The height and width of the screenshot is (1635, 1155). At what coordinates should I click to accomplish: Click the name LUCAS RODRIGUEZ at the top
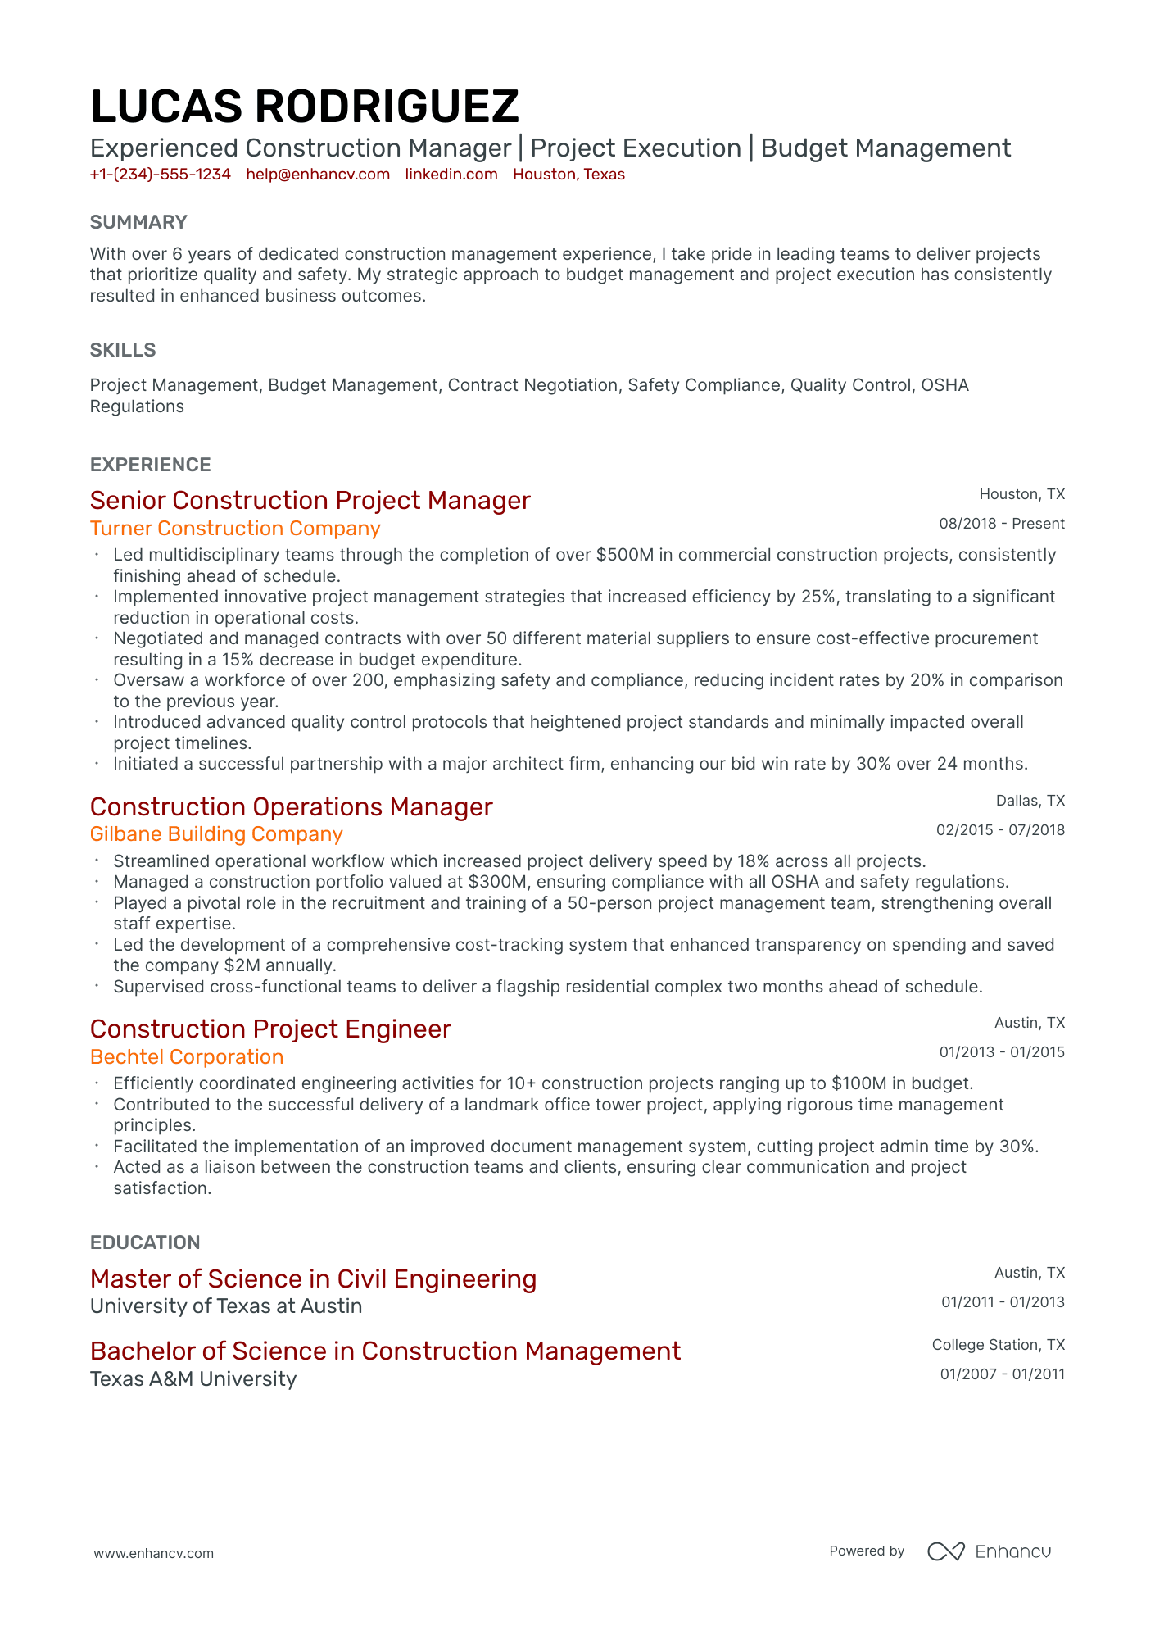(x=304, y=107)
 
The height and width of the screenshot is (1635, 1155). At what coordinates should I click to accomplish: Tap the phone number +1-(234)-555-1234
(x=160, y=175)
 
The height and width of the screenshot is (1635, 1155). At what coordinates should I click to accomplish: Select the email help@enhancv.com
(x=318, y=175)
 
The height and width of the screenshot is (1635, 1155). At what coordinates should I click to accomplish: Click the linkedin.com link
(x=451, y=175)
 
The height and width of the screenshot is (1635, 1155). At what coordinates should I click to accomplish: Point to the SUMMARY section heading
(x=138, y=222)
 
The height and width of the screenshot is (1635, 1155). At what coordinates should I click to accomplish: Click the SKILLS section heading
(x=123, y=350)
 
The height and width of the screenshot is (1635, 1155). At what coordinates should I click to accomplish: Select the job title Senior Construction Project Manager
(x=310, y=500)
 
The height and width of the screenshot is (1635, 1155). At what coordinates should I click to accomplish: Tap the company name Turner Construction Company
(x=235, y=529)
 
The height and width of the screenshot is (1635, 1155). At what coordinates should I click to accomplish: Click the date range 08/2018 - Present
(x=1001, y=524)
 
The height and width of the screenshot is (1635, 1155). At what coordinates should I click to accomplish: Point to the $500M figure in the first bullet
(x=625, y=555)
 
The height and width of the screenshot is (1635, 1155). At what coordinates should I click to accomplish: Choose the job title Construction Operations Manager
(x=291, y=806)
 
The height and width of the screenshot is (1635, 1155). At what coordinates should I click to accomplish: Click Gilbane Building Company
(x=216, y=834)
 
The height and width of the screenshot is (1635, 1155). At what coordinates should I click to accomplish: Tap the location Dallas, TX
(x=1030, y=801)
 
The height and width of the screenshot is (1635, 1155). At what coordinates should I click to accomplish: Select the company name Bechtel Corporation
(x=187, y=1057)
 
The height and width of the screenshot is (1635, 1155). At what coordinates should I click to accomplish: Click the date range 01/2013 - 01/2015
(x=1001, y=1052)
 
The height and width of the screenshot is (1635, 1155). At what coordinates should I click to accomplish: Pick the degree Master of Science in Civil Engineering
(x=313, y=1278)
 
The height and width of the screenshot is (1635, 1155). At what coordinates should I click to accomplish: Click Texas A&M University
(x=193, y=1379)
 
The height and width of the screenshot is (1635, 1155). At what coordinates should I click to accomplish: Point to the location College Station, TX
(x=998, y=1345)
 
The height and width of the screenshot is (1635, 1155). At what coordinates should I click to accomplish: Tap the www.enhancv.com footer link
(x=153, y=1553)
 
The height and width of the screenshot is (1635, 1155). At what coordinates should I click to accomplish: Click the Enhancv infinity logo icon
(x=945, y=1551)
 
